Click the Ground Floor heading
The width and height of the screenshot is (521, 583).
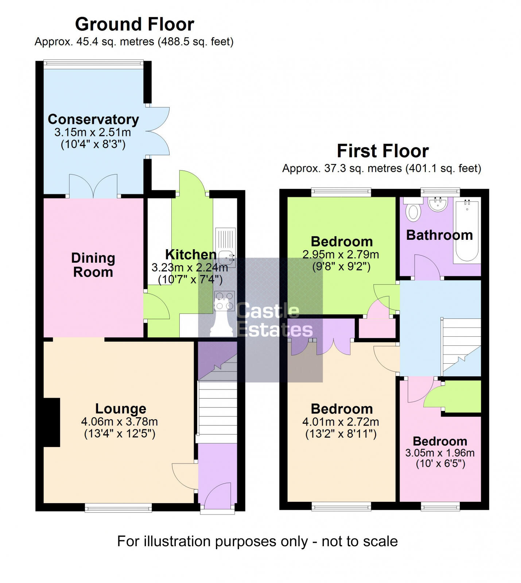tap(135, 24)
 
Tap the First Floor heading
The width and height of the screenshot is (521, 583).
tap(382, 151)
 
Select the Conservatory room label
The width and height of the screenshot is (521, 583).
tap(93, 119)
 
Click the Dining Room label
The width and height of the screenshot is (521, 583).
tap(93, 265)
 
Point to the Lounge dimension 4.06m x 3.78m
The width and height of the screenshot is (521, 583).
tap(119, 422)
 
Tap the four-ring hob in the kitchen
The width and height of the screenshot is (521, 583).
tap(224, 301)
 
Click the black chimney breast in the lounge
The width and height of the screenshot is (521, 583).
tap(51, 422)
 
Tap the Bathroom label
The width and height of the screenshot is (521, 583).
tap(439, 235)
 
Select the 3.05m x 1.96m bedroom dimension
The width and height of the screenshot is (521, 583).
tap(440, 453)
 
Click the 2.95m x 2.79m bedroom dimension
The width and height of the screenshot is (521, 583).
tap(341, 254)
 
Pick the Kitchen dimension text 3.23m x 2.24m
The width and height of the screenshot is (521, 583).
tap(190, 267)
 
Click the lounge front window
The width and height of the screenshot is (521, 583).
tap(118, 507)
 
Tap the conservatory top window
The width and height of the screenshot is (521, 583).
tap(93, 63)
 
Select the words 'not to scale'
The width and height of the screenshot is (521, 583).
tap(359, 541)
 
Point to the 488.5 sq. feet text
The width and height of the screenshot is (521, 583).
tap(195, 42)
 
